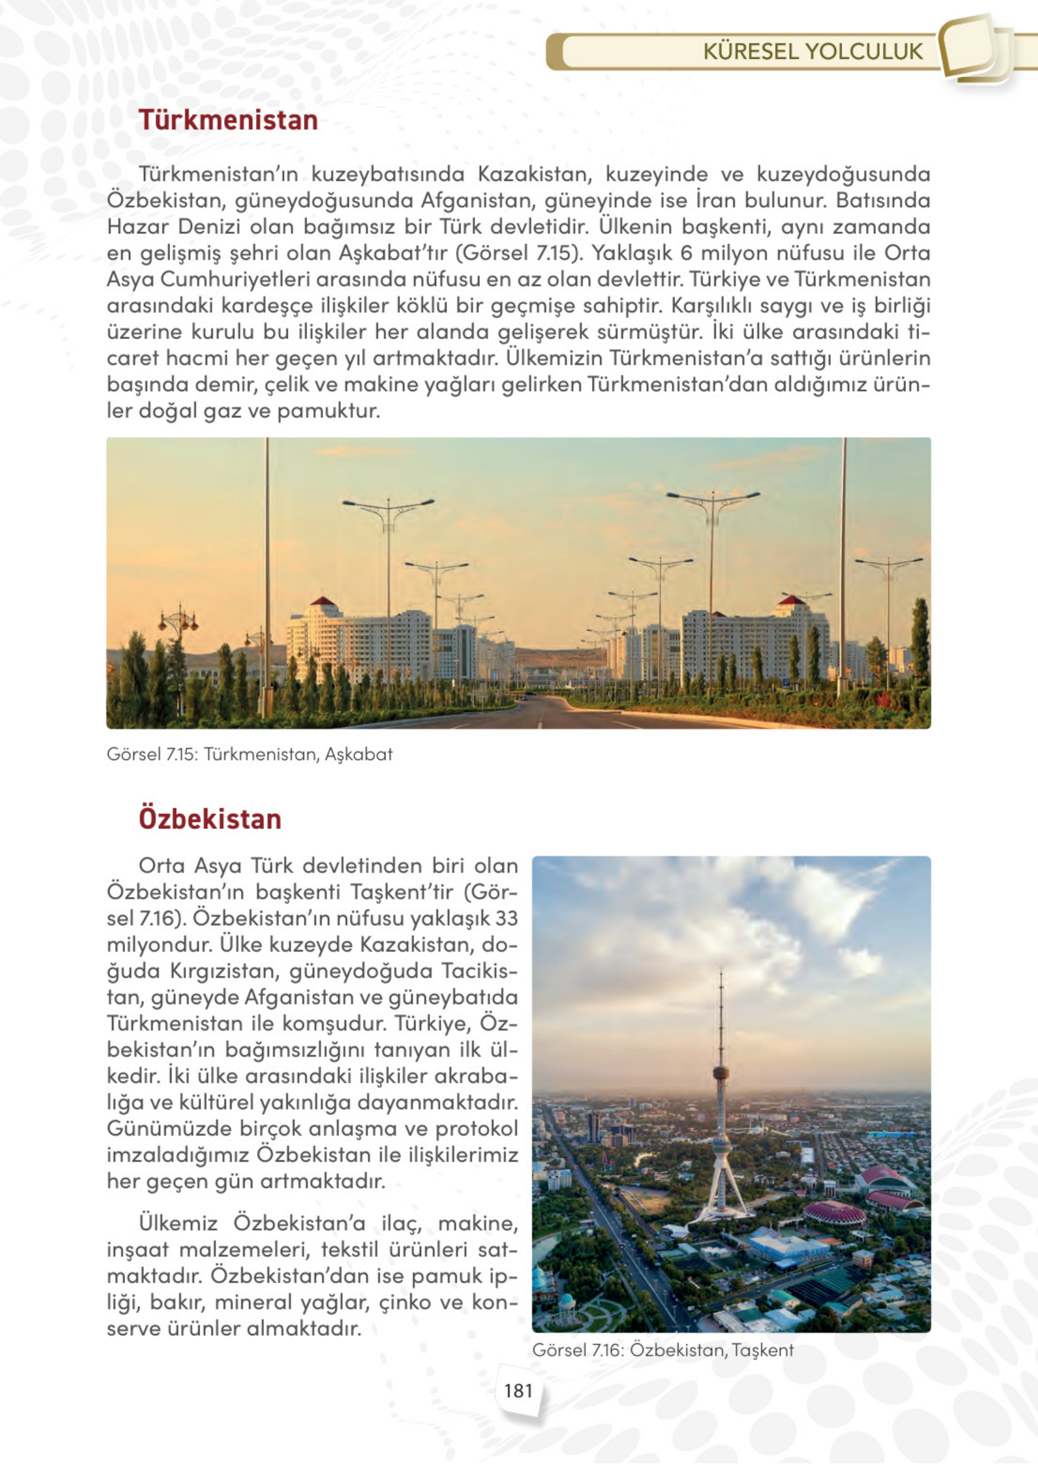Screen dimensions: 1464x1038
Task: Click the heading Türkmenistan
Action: pyautogui.click(x=228, y=121)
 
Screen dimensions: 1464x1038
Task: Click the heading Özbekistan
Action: pyautogui.click(x=210, y=819)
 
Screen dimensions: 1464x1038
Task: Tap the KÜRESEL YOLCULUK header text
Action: pyautogui.click(x=812, y=52)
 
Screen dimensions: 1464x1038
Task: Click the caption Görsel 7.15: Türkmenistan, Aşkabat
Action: pyautogui.click(x=249, y=755)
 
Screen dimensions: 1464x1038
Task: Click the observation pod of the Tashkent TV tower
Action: pyautogui.click(x=721, y=1073)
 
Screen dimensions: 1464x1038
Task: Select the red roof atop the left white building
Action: pyautogui.click(x=323, y=601)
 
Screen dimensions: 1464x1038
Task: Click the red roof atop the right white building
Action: pyautogui.click(x=792, y=600)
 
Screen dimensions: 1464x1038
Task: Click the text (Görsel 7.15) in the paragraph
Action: pyautogui.click(x=520, y=253)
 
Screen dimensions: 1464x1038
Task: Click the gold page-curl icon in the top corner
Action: pyautogui.click(x=975, y=48)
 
